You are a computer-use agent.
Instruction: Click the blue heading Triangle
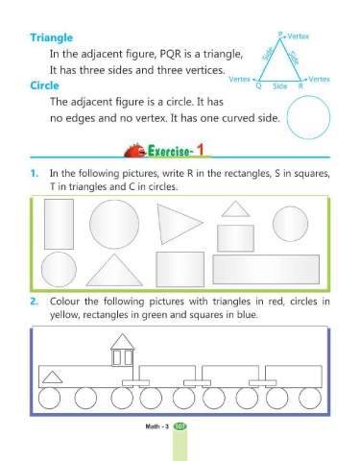pos(52,37)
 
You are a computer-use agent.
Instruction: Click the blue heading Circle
pos(44,85)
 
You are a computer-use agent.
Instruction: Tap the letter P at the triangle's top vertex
pos(280,35)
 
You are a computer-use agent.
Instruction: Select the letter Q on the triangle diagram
pos(258,85)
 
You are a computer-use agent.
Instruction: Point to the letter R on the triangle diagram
pos(300,85)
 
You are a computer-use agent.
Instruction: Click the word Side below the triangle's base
pos(279,86)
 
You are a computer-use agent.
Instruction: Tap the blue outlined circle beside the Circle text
pos(308,96)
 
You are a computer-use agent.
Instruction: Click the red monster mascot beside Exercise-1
pos(135,151)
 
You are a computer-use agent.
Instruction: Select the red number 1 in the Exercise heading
pos(201,150)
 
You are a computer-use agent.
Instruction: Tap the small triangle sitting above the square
pos(235,209)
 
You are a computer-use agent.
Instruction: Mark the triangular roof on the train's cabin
pos(122,342)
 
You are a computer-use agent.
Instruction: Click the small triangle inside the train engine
pos(52,377)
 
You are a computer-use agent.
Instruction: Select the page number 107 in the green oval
pos(180,426)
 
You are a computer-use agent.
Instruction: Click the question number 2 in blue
pos(35,302)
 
